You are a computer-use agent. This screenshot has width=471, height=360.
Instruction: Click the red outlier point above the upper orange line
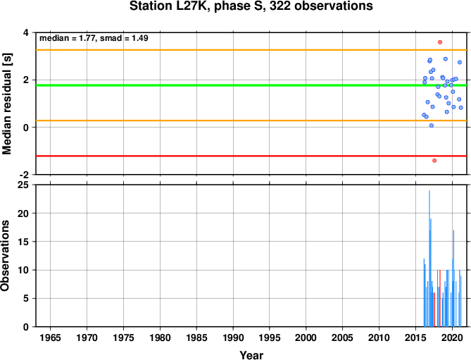pyautogui.click(x=440, y=42)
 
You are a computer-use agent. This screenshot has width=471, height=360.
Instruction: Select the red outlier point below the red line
pyautogui.click(x=434, y=161)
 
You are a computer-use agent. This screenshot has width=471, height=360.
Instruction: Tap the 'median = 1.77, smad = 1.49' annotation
pyautogui.click(x=94, y=38)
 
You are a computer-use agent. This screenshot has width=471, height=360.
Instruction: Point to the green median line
pyautogui.click(x=251, y=85)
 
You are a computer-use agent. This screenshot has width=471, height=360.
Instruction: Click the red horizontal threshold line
pyautogui.click(x=251, y=156)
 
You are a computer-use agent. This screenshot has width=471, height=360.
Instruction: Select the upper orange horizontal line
pyautogui.click(x=251, y=50)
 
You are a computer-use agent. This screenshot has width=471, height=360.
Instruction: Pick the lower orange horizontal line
pyautogui.click(x=251, y=120)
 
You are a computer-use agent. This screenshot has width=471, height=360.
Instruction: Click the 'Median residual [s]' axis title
pyautogui.click(x=6, y=104)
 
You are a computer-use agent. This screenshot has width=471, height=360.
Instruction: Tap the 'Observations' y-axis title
pyautogui.click(x=5, y=256)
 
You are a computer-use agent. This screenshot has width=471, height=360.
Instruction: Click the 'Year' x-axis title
pyautogui.click(x=251, y=355)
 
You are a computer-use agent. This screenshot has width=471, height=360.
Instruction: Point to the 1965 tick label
pyautogui.click(x=50, y=337)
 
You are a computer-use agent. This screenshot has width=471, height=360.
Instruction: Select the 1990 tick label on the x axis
pyautogui.click(x=233, y=337)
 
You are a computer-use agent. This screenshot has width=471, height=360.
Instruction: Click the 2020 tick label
pyautogui.click(x=453, y=337)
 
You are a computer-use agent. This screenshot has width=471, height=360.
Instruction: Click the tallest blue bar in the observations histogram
pyautogui.click(x=429, y=259)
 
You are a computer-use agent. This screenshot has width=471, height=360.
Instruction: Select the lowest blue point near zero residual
pyautogui.click(x=432, y=125)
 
